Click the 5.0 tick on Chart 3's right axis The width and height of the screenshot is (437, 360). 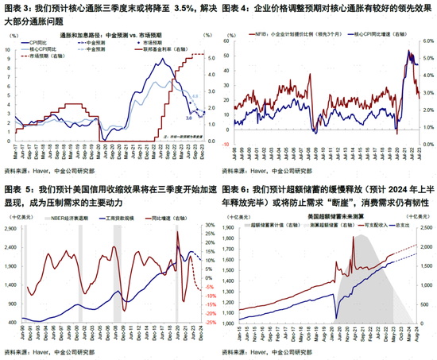(x=209, y=58)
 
